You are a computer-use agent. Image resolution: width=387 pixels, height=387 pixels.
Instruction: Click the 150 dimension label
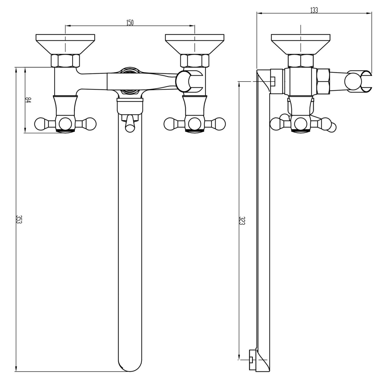tap(130, 22)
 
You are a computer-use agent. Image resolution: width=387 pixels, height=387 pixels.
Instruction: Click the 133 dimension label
tap(314, 10)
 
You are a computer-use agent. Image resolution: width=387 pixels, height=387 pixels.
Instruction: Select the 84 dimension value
tap(28, 100)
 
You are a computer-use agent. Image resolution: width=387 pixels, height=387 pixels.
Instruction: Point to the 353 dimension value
tap(19, 221)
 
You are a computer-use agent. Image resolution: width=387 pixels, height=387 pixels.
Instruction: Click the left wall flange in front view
tap(65, 44)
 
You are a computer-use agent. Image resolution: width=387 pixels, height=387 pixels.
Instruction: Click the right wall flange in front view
tap(194, 44)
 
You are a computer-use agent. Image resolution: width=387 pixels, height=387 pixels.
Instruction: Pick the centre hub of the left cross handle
tap(65, 123)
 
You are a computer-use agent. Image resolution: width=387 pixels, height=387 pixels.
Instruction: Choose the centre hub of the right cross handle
tap(194, 123)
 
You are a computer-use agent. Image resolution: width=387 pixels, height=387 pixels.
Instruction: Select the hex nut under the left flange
tap(65, 60)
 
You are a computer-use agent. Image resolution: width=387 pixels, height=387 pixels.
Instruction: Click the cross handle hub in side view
tap(300, 123)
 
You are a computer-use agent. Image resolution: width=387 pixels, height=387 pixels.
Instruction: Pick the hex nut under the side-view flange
tap(300, 60)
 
